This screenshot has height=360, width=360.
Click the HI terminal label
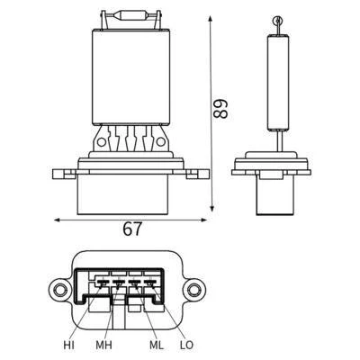coord(68,346)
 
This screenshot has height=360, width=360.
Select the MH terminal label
coord(103,346)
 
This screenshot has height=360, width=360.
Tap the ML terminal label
coord(157,346)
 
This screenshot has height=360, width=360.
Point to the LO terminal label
coord(186,346)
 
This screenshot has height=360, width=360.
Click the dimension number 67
coord(132,229)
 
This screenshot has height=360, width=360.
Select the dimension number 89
coord(220,109)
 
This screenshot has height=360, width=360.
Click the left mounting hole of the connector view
coord(59,290)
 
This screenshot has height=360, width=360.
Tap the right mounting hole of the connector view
coord(193,290)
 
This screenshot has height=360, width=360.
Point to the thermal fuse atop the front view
coord(131,14)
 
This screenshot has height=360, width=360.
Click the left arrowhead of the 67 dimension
coord(58,220)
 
